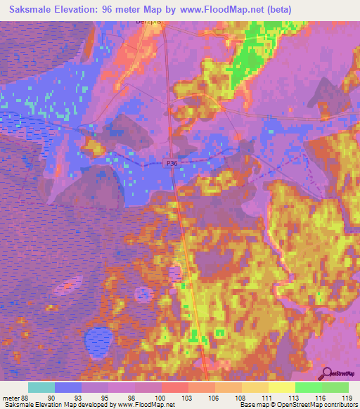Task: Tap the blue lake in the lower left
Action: (96, 342)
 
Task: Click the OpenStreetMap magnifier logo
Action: (327, 373)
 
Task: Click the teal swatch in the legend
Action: (41, 387)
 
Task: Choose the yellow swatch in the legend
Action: (281, 387)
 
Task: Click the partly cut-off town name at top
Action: (148, 22)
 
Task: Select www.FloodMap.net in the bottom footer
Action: (146, 404)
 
